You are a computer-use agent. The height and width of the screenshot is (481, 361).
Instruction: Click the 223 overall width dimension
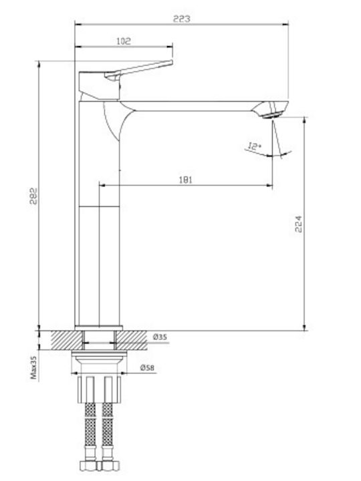(181, 19)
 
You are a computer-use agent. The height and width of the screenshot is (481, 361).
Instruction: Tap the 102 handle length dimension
(124, 41)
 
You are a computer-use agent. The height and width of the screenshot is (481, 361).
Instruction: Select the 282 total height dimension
(33, 196)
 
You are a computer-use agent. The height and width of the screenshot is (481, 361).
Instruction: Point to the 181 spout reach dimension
(185, 180)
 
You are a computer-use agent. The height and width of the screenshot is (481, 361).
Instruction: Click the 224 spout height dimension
(298, 224)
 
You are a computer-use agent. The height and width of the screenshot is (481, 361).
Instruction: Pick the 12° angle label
(254, 146)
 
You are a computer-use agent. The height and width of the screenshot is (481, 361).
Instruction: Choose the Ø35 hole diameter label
(160, 337)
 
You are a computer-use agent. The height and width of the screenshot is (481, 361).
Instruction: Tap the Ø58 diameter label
(147, 367)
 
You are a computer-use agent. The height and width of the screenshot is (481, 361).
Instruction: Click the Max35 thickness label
(33, 367)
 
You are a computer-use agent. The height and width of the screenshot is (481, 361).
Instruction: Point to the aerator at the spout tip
(271, 116)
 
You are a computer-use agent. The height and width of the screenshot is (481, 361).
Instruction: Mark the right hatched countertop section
(132, 340)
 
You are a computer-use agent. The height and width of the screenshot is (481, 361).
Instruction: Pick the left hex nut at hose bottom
(88, 466)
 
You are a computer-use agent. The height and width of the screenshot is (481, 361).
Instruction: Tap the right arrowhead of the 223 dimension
(285, 23)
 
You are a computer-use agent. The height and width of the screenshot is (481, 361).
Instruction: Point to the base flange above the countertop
(98, 328)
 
